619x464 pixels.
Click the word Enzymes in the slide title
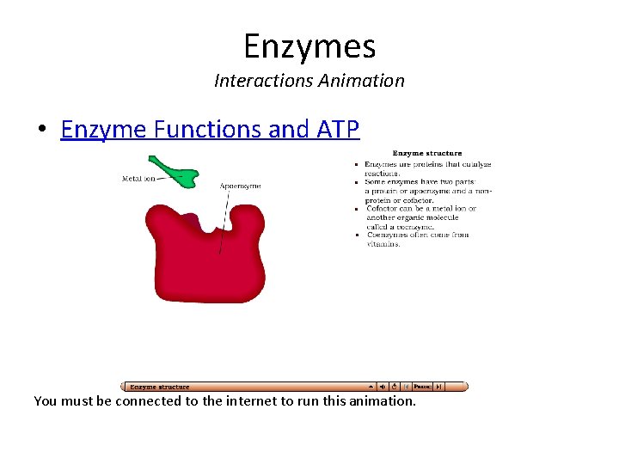(x=309, y=46)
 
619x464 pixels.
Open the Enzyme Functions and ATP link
(x=210, y=129)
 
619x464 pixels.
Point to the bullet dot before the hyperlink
(x=41, y=131)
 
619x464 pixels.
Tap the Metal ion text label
(x=138, y=179)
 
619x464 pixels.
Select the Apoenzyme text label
(x=240, y=186)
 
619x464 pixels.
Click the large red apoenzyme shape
(x=206, y=258)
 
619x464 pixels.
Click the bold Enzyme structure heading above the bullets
(x=426, y=154)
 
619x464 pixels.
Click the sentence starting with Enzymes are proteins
(x=427, y=164)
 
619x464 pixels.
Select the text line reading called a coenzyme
(x=400, y=227)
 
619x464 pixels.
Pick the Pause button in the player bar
(x=422, y=387)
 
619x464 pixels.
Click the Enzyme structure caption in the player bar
(x=160, y=387)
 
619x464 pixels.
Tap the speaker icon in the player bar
(x=383, y=387)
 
